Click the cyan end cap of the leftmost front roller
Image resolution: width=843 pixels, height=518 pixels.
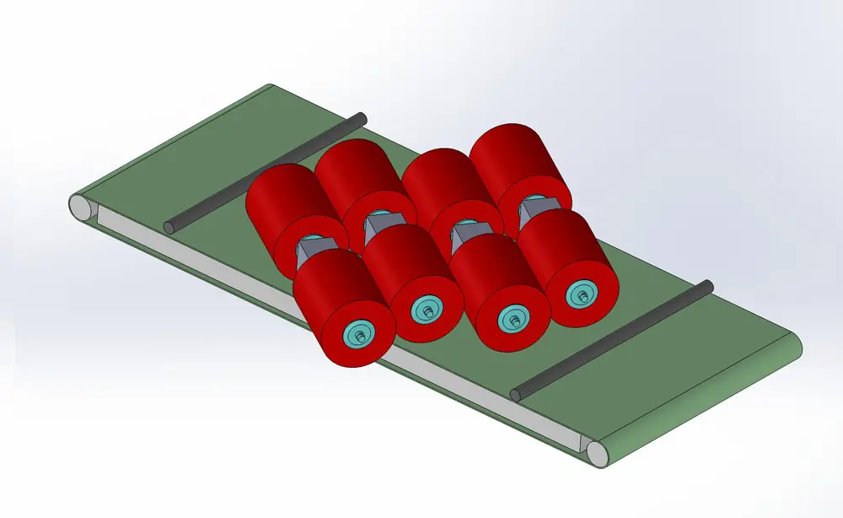360,334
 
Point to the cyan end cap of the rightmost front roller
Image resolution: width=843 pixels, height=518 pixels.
580,294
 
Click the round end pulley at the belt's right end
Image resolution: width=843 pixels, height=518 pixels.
599,453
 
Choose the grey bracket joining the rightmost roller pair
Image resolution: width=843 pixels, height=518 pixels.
533,209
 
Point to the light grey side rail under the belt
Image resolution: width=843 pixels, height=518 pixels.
337,321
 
